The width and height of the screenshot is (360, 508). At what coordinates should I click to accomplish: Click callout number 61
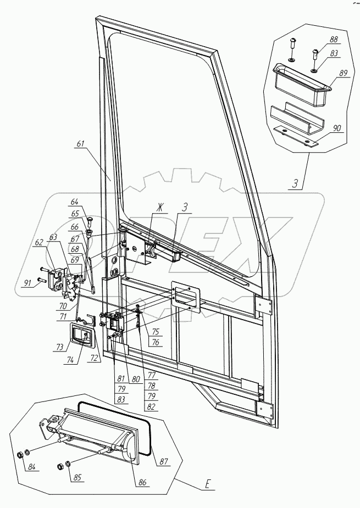point(81,143)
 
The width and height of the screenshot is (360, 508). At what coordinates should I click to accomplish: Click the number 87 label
point(164,462)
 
